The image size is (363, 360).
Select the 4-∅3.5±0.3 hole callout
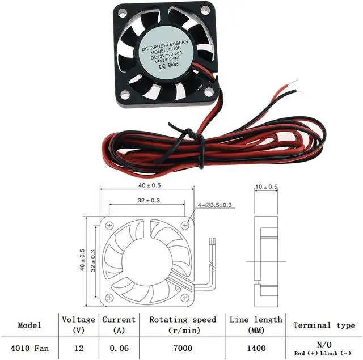coord(216,205)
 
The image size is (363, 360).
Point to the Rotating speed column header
coord(183,324)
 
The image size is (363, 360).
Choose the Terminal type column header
coord(324,325)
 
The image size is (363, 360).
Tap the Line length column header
coord(255,324)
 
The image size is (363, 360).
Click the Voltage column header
coord(78,324)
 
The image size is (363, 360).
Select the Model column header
coord(29,325)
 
